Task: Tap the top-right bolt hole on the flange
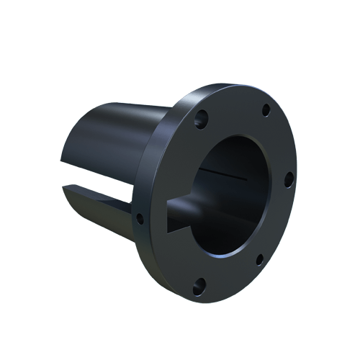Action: (x=266, y=109)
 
